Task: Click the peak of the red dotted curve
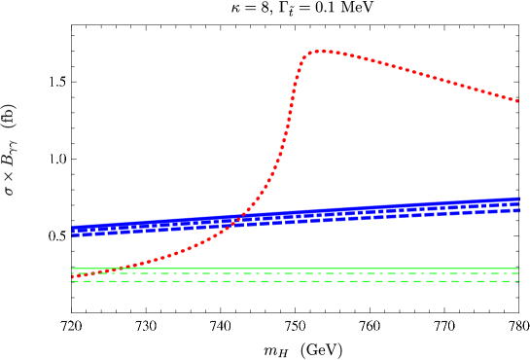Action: point(320,51)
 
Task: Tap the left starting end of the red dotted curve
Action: point(73,277)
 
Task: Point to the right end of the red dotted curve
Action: point(517,100)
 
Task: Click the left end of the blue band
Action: point(74,231)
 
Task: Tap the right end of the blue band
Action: point(518,204)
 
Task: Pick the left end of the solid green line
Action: point(74,268)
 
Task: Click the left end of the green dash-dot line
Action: point(74,273)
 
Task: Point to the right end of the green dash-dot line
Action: point(518,273)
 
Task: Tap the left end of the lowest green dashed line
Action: point(74,280)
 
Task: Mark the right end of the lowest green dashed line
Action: point(518,280)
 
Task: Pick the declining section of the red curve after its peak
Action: point(418,73)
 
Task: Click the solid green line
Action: point(292,268)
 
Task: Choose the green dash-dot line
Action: point(292,273)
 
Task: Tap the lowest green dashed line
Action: point(292,280)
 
